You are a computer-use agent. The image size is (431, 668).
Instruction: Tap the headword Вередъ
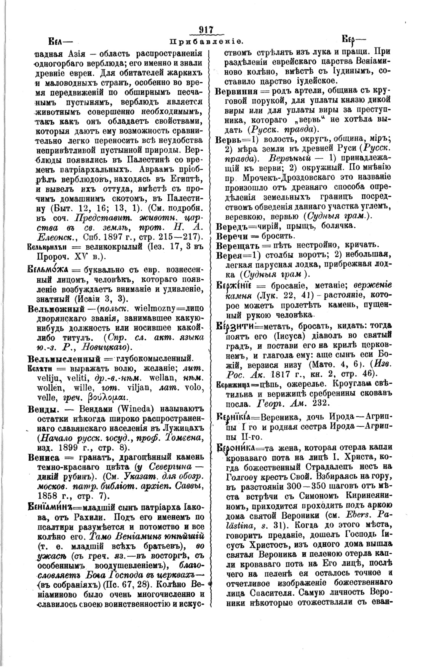(231, 225)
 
